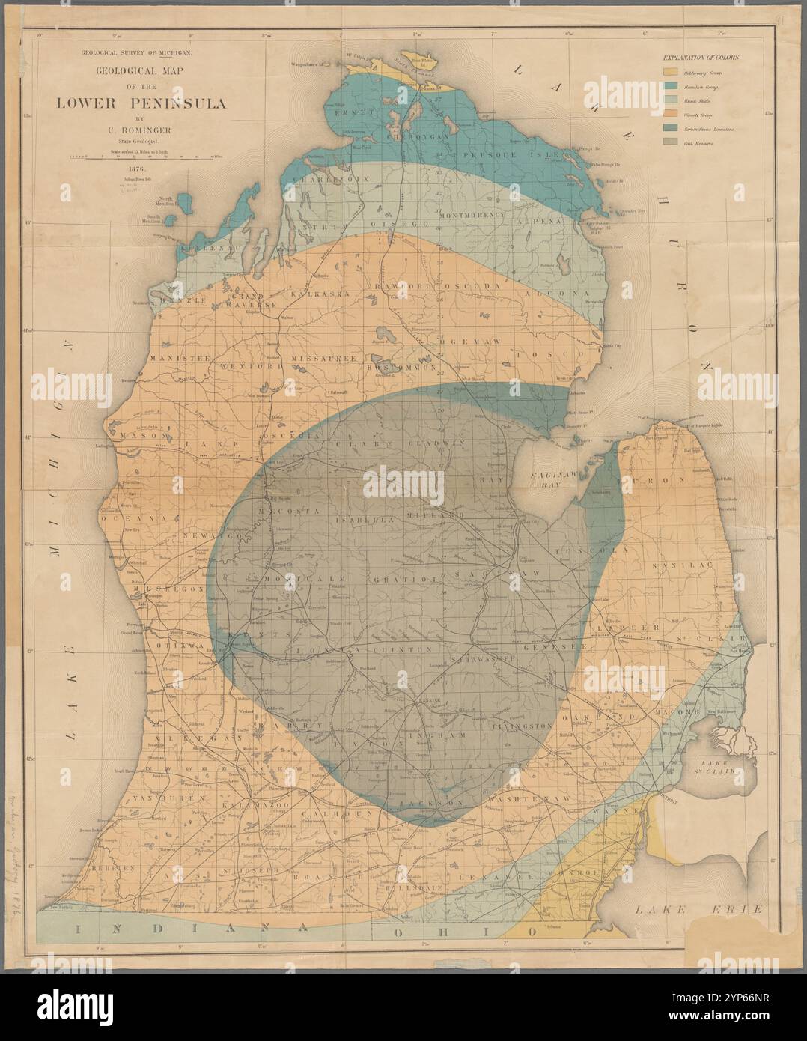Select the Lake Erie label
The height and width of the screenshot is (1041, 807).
(697, 908)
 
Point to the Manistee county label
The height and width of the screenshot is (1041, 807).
(179, 359)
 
